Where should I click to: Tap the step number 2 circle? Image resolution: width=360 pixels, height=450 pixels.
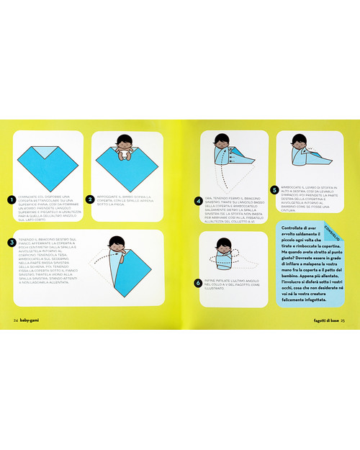point(90,199)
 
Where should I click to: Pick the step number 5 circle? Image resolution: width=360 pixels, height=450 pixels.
point(274,190)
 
